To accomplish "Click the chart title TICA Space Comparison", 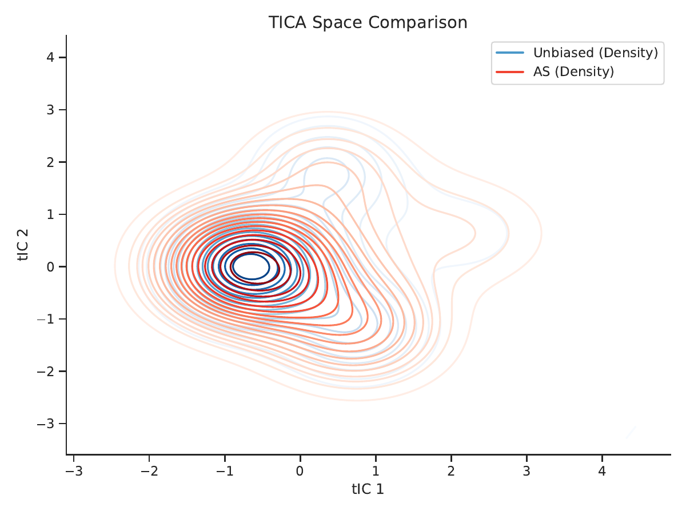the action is click(368, 22).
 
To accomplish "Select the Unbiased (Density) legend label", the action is click(596, 53).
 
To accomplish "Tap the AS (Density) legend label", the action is click(573, 71).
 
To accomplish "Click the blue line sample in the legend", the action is click(510, 53).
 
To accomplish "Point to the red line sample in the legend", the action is click(510, 72).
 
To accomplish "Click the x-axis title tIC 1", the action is click(368, 489).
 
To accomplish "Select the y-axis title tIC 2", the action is click(23, 245).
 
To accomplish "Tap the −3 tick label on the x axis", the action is click(74, 471).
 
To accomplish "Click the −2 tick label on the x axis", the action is click(149, 471).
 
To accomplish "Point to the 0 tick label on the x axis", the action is click(300, 471).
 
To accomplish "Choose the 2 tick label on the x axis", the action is click(451, 471).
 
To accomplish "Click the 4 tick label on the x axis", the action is click(602, 471).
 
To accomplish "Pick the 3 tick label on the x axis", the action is click(527, 471).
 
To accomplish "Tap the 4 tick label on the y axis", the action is click(50, 58).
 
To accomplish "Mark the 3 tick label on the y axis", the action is click(50, 110).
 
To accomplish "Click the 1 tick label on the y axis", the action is click(50, 214).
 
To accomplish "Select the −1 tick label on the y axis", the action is click(46, 319).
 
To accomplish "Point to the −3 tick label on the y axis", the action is click(46, 424).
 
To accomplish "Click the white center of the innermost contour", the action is click(251, 266).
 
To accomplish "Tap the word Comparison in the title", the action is click(418, 22).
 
